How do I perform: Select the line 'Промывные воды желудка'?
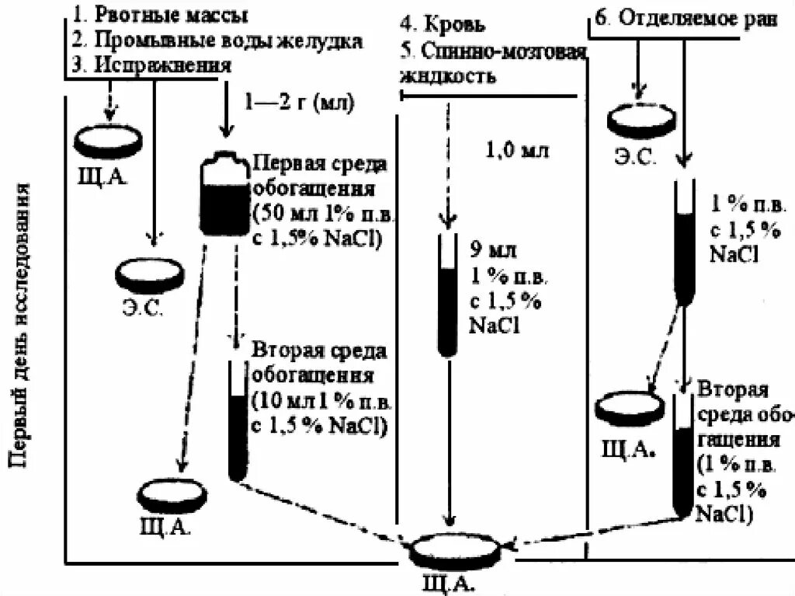pos(226,40)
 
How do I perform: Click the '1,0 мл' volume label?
pos(516,150)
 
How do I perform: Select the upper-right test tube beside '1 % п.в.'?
pos(683,241)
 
